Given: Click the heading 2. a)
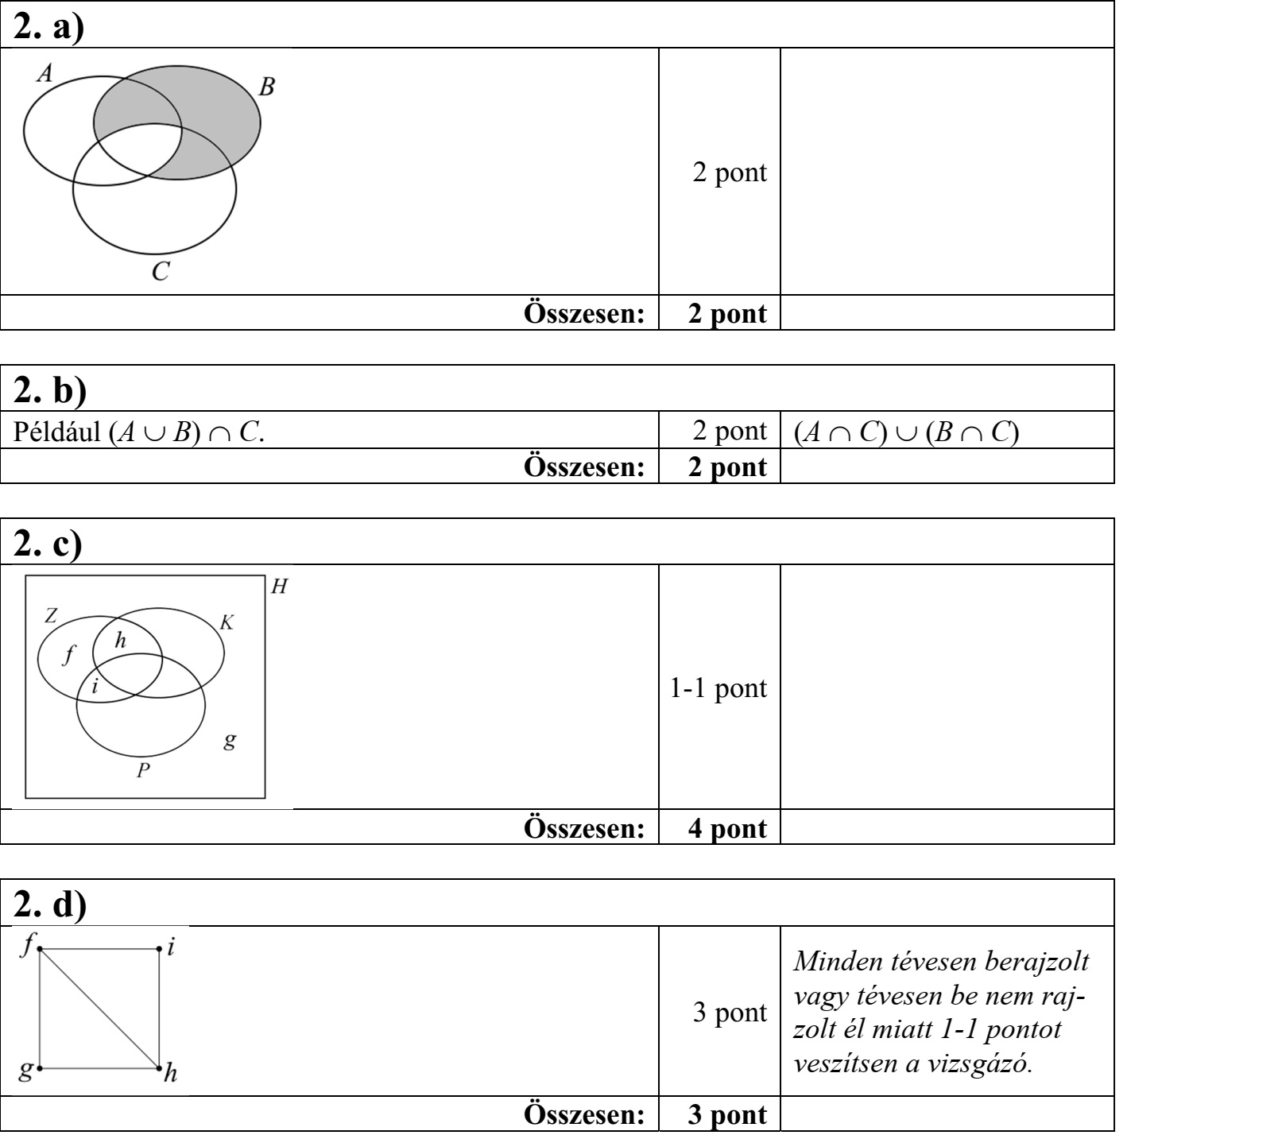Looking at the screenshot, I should click(x=50, y=26).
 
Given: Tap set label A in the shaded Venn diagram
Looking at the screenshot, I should click(x=45, y=75).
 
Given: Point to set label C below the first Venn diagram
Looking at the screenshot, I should click(x=161, y=273).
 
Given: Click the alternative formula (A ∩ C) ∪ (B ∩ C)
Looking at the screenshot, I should click(x=906, y=432).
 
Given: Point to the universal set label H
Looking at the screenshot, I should click(x=279, y=587).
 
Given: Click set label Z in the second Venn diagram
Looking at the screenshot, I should click(x=50, y=614).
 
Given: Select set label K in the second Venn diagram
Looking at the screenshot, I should click(x=227, y=622).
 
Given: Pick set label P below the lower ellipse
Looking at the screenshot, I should click(x=143, y=770).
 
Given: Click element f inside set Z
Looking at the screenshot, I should click(x=68, y=655).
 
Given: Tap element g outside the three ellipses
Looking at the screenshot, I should click(x=229, y=741).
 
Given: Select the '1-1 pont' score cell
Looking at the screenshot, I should click(x=718, y=688).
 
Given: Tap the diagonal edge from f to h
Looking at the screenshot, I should click(x=99, y=1008).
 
